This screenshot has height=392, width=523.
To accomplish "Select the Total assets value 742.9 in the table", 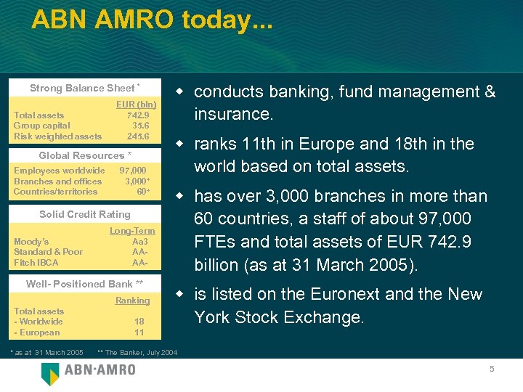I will [138, 115].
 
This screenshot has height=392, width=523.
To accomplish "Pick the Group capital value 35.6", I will [140, 126].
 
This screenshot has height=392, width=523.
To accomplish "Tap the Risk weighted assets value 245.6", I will [138, 136].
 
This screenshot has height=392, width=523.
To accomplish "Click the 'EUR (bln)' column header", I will [137, 105].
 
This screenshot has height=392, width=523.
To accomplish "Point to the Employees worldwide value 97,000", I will [133, 171].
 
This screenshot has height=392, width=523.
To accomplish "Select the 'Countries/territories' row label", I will [55, 192].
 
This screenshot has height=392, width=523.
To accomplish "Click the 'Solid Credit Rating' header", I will [85, 214].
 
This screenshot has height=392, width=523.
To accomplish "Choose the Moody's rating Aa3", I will [140, 241].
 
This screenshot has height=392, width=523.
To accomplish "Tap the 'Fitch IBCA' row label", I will [36, 262].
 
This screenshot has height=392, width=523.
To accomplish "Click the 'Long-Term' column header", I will [132, 231].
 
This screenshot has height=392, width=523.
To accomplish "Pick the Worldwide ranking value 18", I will [139, 321].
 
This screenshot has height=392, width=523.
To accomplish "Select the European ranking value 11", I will [139, 332].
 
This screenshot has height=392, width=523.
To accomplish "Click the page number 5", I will [492, 369].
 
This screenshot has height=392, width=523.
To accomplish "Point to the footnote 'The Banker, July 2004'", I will [141, 353].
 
